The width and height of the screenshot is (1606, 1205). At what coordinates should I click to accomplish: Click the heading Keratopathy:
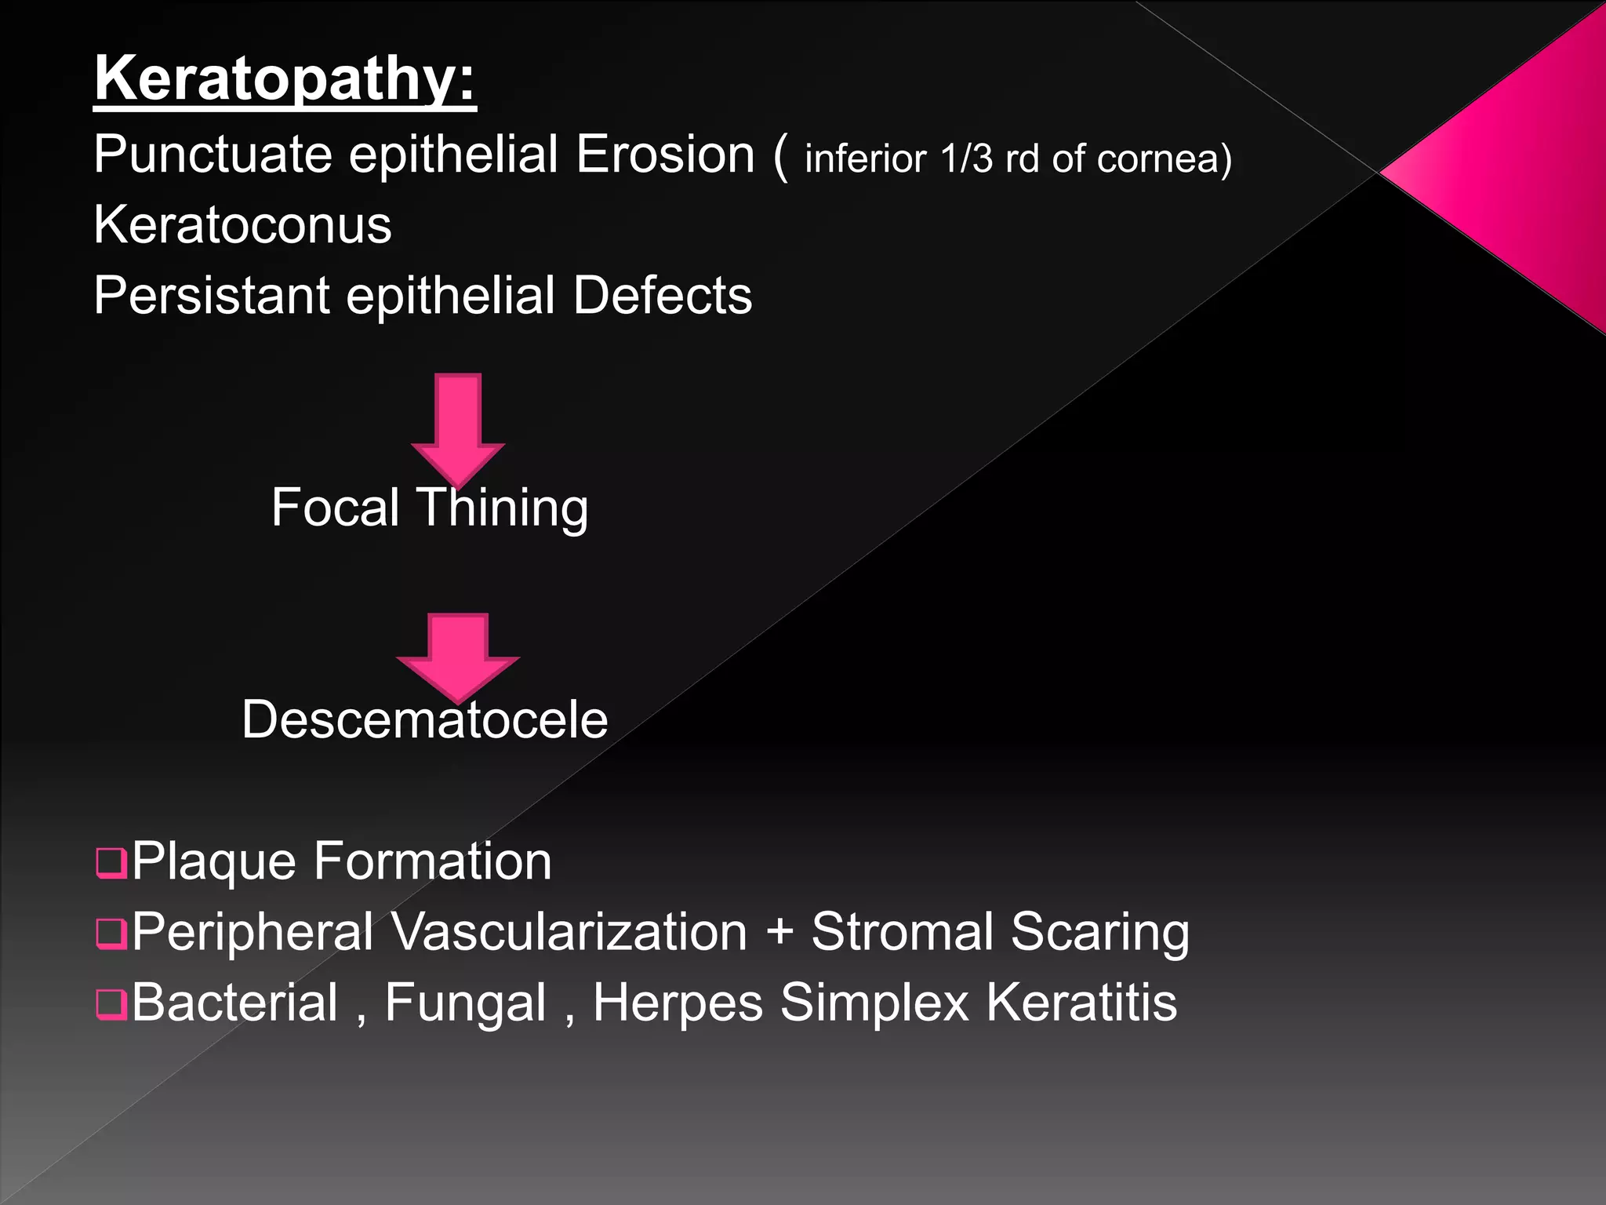click(x=285, y=78)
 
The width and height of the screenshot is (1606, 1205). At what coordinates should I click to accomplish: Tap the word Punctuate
click(x=213, y=154)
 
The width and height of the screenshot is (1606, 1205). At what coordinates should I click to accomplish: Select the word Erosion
click(x=665, y=154)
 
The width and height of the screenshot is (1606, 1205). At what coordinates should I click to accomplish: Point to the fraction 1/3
click(x=966, y=158)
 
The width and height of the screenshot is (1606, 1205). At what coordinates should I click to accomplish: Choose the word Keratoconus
click(x=242, y=225)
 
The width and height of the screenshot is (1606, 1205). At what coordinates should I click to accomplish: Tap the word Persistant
click(x=211, y=296)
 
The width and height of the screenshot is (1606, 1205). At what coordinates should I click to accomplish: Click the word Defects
click(x=663, y=296)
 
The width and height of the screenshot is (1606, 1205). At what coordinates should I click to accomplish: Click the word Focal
click(x=336, y=508)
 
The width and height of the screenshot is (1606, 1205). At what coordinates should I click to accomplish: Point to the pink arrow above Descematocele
click(x=458, y=656)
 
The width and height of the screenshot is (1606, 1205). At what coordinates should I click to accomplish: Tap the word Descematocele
click(x=424, y=719)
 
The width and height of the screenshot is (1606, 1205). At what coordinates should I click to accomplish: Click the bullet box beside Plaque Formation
click(x=111, y=863)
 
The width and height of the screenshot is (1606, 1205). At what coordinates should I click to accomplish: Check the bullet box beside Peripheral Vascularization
click(x=111, y=934)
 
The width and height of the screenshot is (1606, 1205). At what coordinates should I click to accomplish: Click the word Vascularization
click(x=569, y=932)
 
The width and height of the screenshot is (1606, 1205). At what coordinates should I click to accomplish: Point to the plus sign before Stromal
click(x=779, y=934)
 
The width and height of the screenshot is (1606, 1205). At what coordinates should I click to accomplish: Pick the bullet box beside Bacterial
click(x=111, y=1004)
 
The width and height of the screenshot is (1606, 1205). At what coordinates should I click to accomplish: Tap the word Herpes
click(x=678, y=1003)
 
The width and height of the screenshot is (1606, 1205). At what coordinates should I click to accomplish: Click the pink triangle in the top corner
click(x=1513, y=169)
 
